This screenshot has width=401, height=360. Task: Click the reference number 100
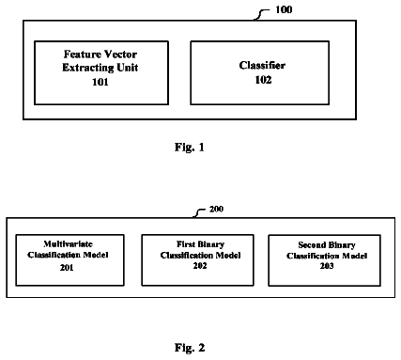(x=284, y=9)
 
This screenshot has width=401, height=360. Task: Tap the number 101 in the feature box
(x=100, y=82)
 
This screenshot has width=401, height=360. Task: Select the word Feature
(x=82, y=55)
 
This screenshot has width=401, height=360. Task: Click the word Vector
(x=120, y=55)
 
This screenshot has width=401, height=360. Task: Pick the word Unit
(x=128, y=68)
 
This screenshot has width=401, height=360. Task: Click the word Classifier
(x=262, y=65)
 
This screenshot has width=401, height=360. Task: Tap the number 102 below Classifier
(x=263, y=80)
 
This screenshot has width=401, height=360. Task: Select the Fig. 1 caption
(x=190, y=147)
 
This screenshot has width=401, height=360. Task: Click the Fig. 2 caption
(x=190, y=348)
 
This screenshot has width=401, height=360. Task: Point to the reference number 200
(x=216, y=209)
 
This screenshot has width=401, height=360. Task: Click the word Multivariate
(x=68, y=243)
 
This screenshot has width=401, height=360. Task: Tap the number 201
(x=67, y=267)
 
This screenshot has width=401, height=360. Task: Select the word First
(x=185, y=244)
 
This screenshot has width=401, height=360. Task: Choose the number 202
(x=200, y=266)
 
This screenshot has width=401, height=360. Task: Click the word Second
(x=311, y=244)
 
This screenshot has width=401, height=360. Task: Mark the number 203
(x=327, y=266)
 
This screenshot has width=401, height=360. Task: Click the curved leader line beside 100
(x=261, y=13)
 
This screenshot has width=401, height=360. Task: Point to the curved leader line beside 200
(x=199, y=212)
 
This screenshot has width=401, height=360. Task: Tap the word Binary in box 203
(x=341, y=245)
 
